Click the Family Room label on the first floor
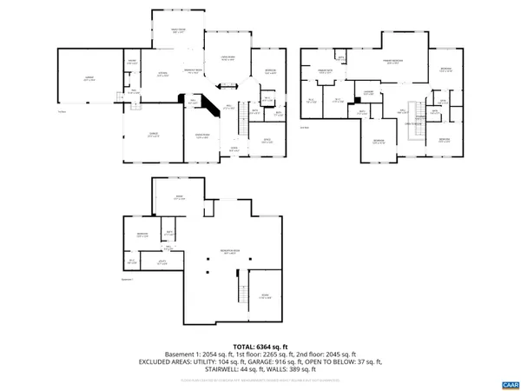[177, 31]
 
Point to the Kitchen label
[162, 75]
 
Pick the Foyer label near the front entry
[233, 149]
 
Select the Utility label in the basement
[162, 261]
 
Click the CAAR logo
[509, 383]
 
